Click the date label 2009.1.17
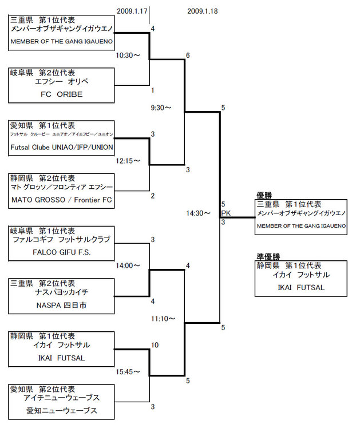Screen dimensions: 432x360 [x=132, y=11]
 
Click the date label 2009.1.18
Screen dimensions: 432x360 [x=202, y=11]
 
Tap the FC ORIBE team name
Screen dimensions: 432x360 [x=61, y=94]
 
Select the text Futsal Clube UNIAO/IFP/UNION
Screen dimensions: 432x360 [x=61, y=148]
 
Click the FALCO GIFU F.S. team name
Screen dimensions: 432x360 [x=61, y=252]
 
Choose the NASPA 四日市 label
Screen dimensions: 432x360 [x=61, y=305]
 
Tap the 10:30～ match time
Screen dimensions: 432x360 [x=128, y=56]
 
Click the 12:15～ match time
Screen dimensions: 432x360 [x=128, y=161]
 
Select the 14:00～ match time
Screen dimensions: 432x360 [x=128, y=265]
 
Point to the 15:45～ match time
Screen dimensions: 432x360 [x=128, y=372]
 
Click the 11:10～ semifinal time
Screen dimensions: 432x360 [x=163, y=318]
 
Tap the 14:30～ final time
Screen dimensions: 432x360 [x=199, y=213]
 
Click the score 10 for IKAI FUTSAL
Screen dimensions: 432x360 [x=155, y=345]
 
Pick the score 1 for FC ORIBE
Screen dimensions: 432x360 [x=153, y=90]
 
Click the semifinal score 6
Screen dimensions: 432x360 [x=188, y=56]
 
